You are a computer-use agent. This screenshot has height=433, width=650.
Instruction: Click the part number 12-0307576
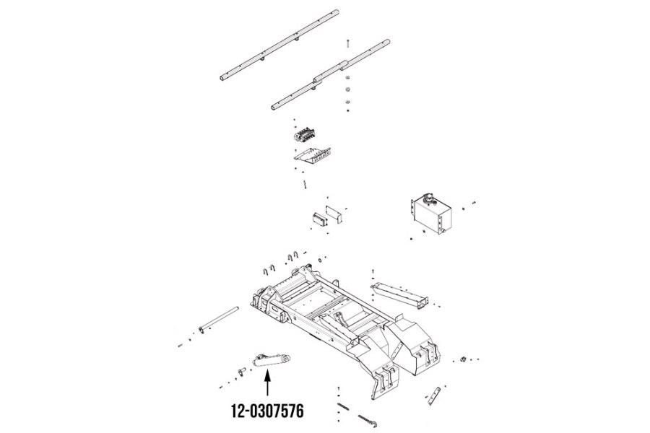point(267,411)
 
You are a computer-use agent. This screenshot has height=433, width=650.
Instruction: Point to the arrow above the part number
point(267,383)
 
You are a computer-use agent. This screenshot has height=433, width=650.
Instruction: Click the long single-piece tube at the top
point(279,45)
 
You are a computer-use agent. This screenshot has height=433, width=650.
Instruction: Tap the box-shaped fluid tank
point(430,214)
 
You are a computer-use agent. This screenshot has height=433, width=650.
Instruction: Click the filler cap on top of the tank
point(428,198)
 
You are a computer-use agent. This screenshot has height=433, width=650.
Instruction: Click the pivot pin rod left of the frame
point(218,319)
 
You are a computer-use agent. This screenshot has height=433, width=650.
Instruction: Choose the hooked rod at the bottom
point(368,421)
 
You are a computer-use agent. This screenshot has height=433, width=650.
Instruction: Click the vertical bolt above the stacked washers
point(347,43)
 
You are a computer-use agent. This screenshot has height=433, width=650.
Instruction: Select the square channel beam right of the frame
point(400,295)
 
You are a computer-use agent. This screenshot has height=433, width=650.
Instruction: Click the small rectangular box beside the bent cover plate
point(320,219)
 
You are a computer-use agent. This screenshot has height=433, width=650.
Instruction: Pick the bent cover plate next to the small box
point(334,214)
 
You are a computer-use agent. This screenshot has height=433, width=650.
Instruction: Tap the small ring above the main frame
point(320,261)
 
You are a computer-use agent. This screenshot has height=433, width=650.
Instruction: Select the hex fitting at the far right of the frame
point(464,359)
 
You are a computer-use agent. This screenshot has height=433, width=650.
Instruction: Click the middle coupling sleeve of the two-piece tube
point(330,70)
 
